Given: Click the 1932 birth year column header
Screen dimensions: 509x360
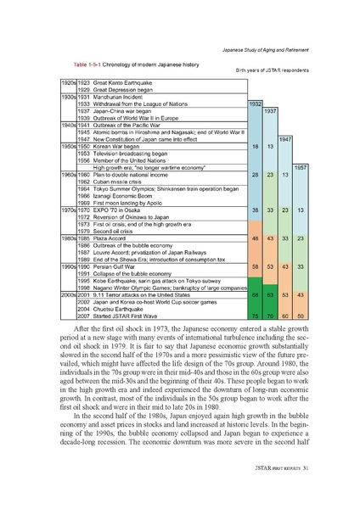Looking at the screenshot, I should coord(255,104).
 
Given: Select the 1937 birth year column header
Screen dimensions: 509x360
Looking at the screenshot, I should coord(271,111).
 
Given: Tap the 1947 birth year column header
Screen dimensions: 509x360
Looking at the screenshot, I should coord(286,138).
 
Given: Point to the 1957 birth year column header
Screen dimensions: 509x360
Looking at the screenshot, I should coord(301,167).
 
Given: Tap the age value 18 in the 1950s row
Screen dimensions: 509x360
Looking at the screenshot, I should coord(255,146).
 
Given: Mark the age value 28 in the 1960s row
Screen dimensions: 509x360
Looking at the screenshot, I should coord(255,174).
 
